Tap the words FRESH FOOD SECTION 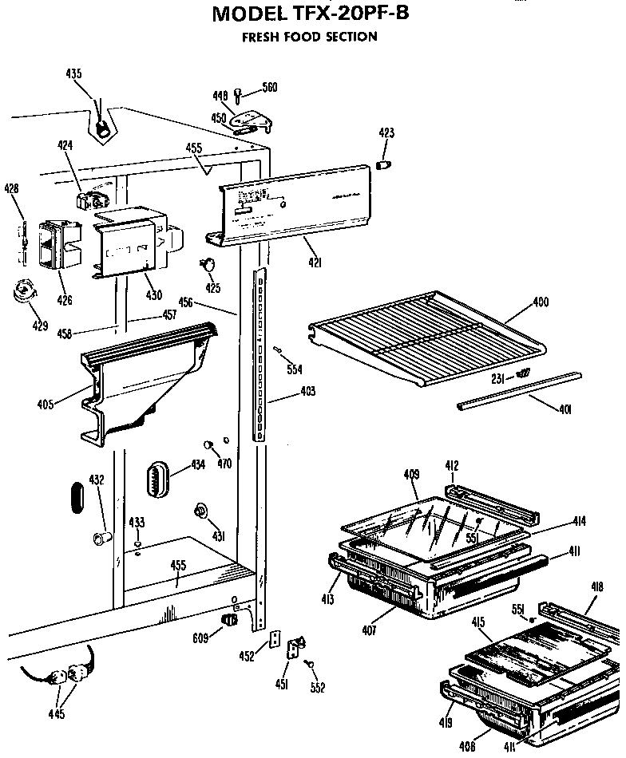click(310, 37)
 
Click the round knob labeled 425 click(211, 264)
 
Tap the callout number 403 click(307, 391)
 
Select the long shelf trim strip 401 click(519, 390)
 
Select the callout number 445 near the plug click(57, 713)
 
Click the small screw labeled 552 click(310, 663)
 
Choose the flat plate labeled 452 click(275, 640)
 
